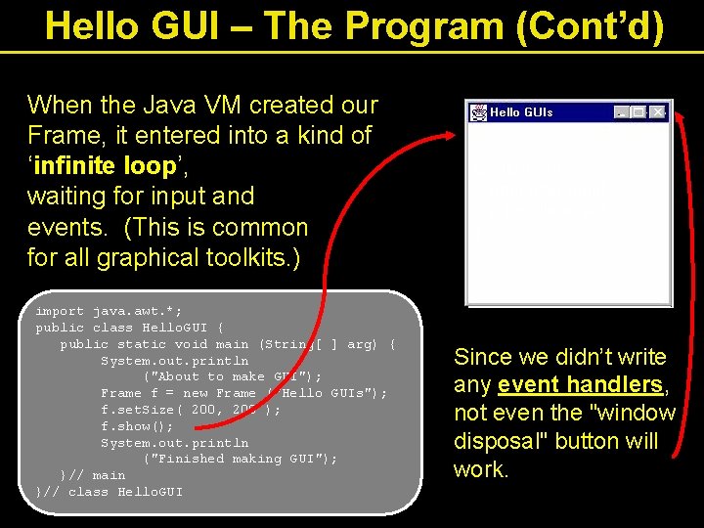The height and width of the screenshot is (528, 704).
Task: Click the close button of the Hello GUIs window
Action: pos(657,112)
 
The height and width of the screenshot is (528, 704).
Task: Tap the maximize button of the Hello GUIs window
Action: pos(638,112)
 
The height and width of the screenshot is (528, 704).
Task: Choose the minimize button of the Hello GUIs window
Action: pos(622,112)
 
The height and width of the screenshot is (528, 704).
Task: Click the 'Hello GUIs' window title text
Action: pos(521,112)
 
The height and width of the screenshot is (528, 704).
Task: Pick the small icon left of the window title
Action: pos(479,112)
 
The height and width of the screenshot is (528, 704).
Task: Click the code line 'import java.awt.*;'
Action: pos(97,311)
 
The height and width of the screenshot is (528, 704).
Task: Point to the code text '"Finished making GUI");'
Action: pos(241,459)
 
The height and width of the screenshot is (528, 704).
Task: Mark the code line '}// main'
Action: pos(92,475)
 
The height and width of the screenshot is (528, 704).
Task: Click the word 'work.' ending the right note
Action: pos(481,469)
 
